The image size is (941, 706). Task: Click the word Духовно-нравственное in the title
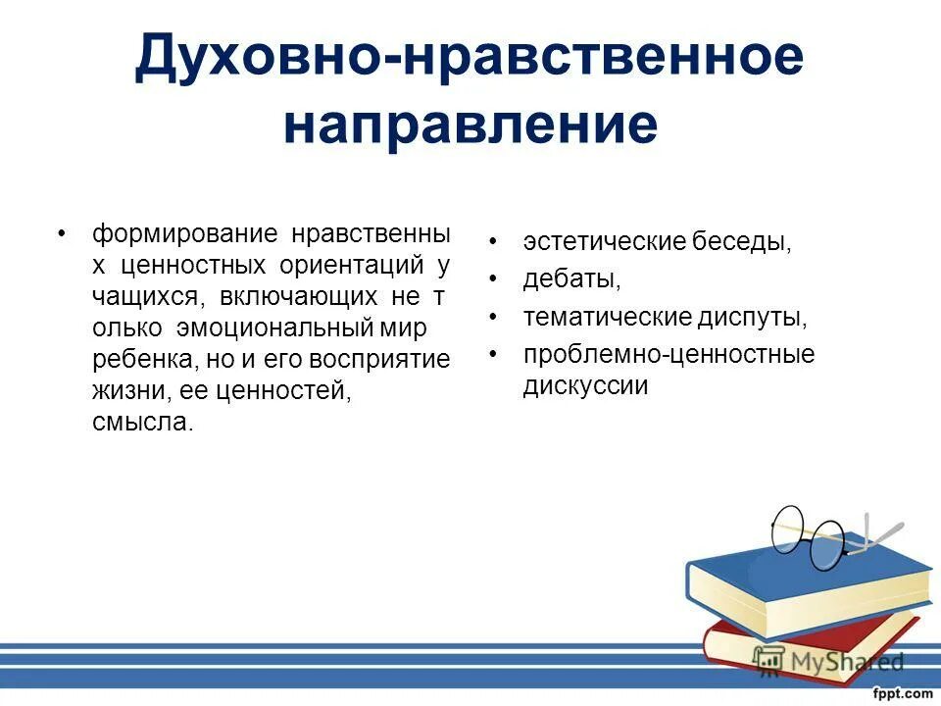click(470, 58)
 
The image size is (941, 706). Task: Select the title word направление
click(470, 126)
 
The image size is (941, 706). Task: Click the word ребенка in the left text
click(136, 360)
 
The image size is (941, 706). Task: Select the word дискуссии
click(585, 386)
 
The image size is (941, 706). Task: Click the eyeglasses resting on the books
click(814, 534)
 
